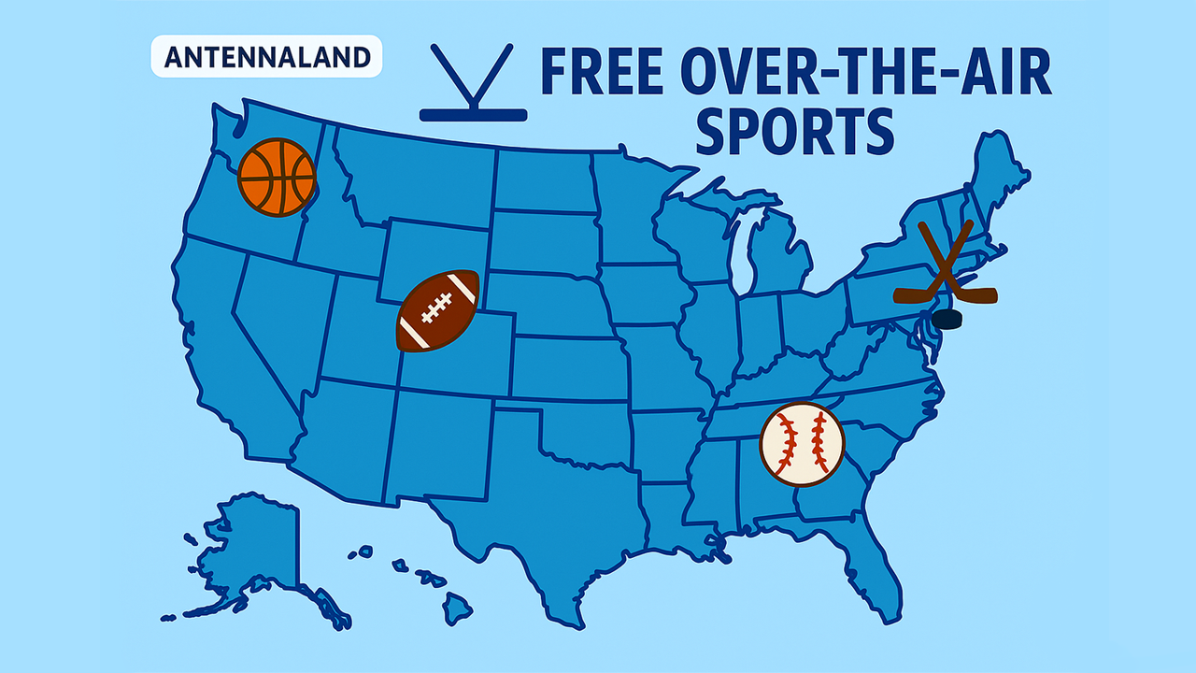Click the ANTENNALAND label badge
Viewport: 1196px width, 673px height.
tap(265, 57)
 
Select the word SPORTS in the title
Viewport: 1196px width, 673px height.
tap(795, 132)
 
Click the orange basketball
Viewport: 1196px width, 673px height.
tap(277, 178)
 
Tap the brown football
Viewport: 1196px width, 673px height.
tap(438, 311)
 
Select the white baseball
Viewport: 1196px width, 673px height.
tap(802, 443)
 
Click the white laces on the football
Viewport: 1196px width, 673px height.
tap(437, 308)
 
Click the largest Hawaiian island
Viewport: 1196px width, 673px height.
tap(457, 608)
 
